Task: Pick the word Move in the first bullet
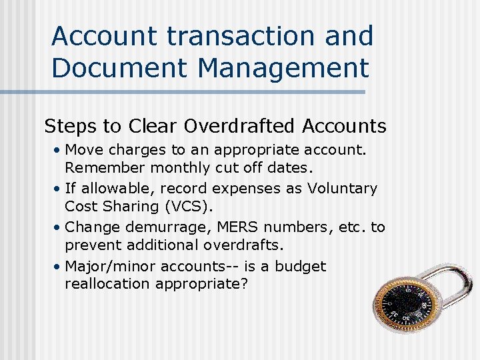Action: [82, 150]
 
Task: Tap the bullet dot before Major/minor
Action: [58, 266]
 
